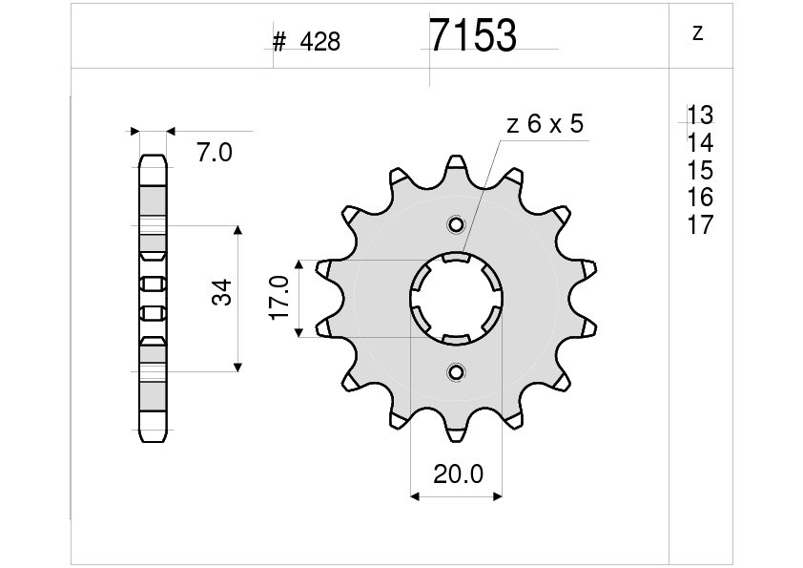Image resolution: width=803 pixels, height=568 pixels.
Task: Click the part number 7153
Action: click(473, 35)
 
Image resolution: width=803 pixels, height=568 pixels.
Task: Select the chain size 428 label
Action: click(319, 42)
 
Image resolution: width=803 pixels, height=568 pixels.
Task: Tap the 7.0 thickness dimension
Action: click(215, 152)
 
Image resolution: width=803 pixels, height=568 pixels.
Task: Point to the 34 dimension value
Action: click(222, 293)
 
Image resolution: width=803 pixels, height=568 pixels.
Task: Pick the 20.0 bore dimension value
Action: click(458, 474)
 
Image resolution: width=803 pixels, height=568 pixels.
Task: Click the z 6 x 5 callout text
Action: click(545, 124)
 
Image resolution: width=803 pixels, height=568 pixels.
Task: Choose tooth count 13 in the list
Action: click(700, 115)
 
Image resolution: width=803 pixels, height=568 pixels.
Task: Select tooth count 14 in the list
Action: click(700, 142)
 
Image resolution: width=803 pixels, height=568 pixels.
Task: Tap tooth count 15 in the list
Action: click(700, 170)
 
